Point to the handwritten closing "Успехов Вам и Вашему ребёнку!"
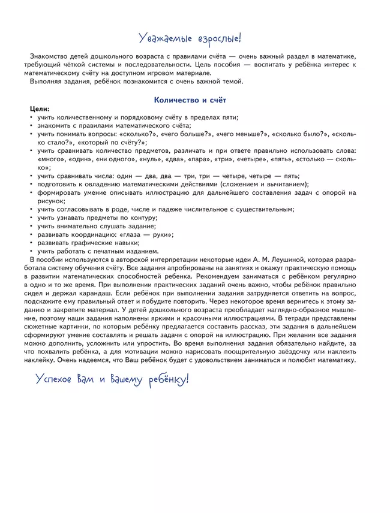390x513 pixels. click(112, 379)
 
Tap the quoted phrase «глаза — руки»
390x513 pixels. click(144, 234)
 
